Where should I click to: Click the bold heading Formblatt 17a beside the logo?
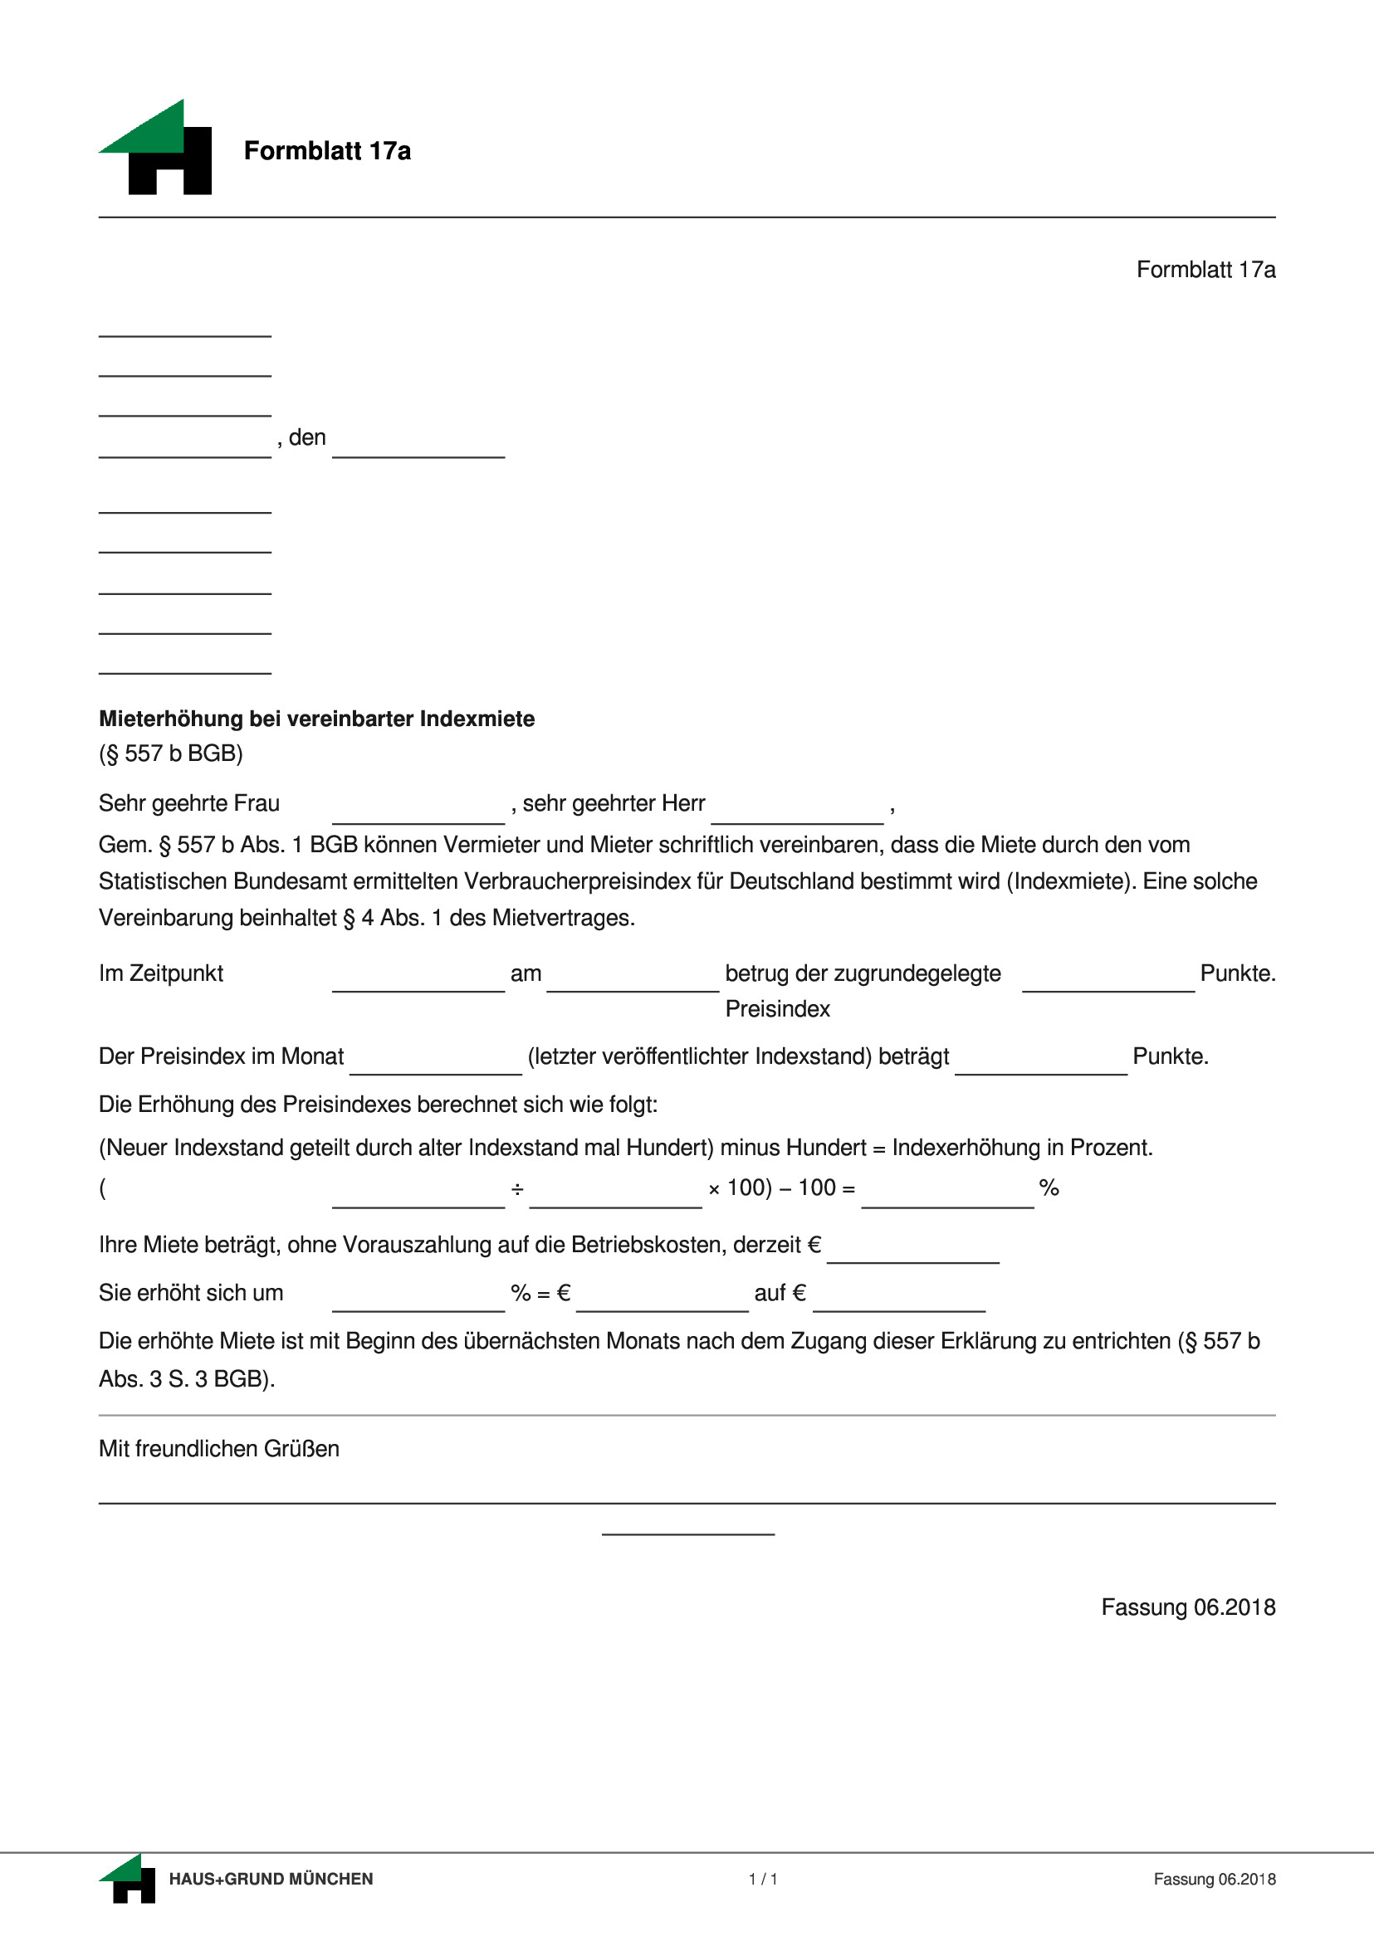(x=327, y=151)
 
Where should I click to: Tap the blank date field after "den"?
(x=418, y=443)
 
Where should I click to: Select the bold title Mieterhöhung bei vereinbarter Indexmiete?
(x=316, y=719)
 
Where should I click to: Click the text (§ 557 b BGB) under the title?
(x=171, y=753)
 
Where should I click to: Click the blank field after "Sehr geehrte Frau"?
(x=418, y=809)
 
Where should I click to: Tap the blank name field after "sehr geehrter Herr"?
(x=797, y=809)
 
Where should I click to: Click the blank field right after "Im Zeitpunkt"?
(x=418, y=978)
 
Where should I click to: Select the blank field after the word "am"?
(x=633, y=978)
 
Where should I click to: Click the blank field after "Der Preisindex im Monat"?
(x=435, y=1061)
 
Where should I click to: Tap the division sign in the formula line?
(x=517, y=1190)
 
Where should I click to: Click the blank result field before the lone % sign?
(x=947, y=1193)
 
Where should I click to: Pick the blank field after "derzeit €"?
(x=913, y=1249)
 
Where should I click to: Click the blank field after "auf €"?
(x=899, y=1297)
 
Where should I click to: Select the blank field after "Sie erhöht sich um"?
(x=418, y=1297)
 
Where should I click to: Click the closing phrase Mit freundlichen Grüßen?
(x=219, y=1449)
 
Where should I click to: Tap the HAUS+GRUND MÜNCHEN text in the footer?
(x=271, y=1879)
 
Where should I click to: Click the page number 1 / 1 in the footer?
(x=763, y=1879)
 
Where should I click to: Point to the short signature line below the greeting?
(x=688, y=1532)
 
